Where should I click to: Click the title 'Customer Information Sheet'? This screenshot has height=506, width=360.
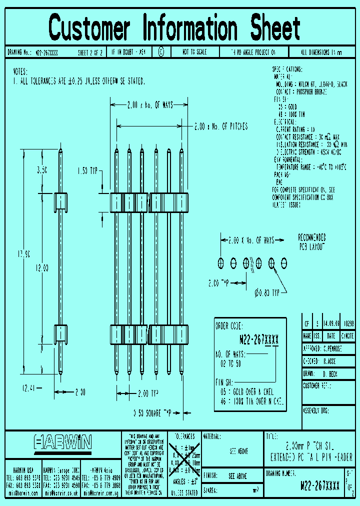click(x=174, y=27)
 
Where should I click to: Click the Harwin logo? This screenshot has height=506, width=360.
click(x=63, y=441)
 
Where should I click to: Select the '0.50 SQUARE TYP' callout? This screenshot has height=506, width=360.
click(x=152, y=413)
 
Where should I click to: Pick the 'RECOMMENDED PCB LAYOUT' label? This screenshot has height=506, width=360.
click(x=311, y=242)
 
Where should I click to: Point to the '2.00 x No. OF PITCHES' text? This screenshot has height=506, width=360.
click(x=220, y=127)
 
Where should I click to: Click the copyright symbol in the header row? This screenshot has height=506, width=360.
click(x=160, y=51)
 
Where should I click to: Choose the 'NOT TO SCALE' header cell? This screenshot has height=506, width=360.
click(x=195, y=52)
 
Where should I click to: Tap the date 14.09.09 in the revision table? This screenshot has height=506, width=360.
click(x=331, y=323)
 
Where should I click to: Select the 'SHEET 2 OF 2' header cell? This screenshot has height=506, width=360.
click(x=90, y=52)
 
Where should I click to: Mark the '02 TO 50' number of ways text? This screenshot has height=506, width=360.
click(x=231, y=363)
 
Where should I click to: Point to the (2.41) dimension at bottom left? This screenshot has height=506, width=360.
click(x=29, y=386)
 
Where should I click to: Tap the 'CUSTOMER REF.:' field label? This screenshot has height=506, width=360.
click(x=317, y=385)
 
